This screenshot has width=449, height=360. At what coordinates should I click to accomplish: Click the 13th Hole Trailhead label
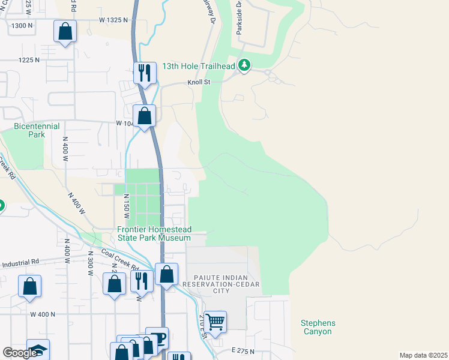tap(198, 65)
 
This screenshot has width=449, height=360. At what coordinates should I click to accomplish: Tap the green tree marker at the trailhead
tap(244, 65)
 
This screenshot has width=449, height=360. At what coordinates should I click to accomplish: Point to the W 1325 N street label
tap(114, 20)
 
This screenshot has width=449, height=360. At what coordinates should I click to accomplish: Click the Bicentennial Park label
tap(37, 130)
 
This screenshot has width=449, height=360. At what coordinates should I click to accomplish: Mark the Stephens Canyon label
tap(318, 327)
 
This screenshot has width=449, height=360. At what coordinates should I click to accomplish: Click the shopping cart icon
tap(215, 321)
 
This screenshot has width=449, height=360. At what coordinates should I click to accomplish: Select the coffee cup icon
tap(158, 338)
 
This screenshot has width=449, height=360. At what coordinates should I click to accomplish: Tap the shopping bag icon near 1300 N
tap(65, 31)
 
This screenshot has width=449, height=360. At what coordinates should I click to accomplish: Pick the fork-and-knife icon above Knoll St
tap(145, 73)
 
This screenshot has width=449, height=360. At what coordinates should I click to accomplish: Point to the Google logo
tap(20, 353)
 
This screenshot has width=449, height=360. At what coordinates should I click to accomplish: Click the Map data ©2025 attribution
tap(423, 355)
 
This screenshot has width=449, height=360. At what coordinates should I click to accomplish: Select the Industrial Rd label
tap(20, 262)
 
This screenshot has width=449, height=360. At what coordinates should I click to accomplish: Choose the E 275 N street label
tap(243, 350)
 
